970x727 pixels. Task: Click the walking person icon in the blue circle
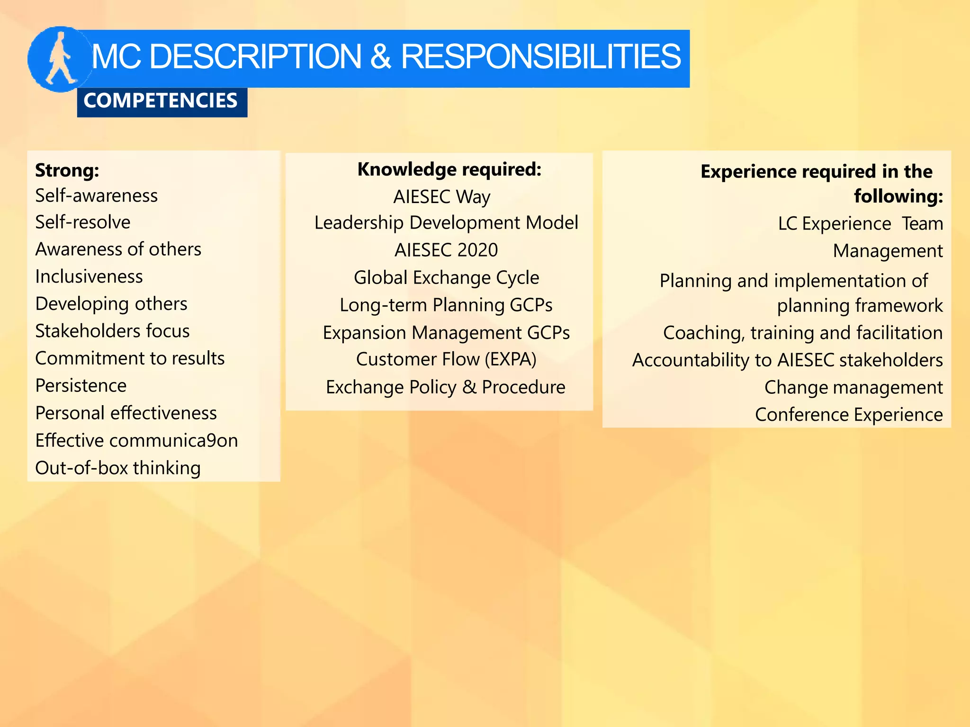point(60,59)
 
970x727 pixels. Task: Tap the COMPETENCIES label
point(161,101)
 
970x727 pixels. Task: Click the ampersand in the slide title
point(380,57)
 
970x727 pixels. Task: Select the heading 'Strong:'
point(67,170)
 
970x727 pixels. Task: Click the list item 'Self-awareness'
point(96,195)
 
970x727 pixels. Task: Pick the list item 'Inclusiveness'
point(89,276)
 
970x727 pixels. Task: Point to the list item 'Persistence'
point(81,386)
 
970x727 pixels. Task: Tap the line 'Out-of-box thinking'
point(118,468)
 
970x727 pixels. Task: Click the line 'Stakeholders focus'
point(112,331)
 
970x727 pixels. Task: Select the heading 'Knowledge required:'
point(449,169)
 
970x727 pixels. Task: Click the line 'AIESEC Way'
point(441,197)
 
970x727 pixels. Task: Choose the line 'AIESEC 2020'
point(446,250)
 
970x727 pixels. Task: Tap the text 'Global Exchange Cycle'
point(446,277)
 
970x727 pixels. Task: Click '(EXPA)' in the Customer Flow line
point(510,359)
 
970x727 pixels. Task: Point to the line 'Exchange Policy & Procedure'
point(445,387)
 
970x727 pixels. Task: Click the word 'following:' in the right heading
point(898,196)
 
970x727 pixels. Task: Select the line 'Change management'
point(853,387)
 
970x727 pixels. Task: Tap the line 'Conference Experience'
point(848,415)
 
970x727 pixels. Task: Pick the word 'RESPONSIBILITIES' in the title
point(540,57)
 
